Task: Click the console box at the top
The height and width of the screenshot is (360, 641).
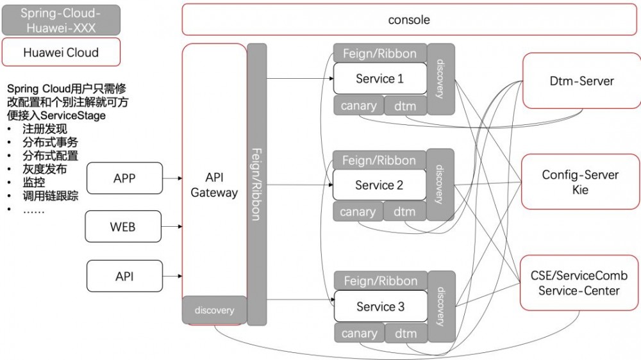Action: point(409,20)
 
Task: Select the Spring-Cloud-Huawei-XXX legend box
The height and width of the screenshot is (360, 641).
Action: point(60,20)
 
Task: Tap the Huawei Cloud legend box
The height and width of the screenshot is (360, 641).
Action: point(61,53)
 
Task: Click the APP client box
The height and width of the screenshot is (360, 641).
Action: point(124,178)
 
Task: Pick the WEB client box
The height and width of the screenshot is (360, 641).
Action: point(122,227)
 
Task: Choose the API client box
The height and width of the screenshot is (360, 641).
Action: point(124,277)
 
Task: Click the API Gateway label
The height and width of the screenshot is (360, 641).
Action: point(214,185)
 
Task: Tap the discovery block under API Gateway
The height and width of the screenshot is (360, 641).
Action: point(214,310)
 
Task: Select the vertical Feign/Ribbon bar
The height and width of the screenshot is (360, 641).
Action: point(256,184)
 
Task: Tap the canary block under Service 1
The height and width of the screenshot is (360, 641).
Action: point(358,106)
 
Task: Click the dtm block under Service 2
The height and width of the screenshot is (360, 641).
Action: point(404,211)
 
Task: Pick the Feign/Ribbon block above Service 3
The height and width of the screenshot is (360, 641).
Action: point(380,281)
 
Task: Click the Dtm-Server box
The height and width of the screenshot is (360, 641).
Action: point(581,81)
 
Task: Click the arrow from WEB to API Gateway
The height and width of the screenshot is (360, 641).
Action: point(172,227)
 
